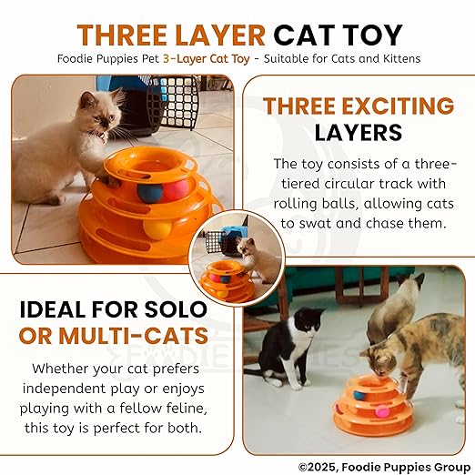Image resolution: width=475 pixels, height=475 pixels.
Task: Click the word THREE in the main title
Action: coord(121,35)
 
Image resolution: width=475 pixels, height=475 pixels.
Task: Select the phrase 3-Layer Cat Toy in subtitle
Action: coord(207,58)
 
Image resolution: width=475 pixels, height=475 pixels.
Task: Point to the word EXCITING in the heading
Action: coord(399,106)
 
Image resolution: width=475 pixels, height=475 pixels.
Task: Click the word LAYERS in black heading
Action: coord(359,133)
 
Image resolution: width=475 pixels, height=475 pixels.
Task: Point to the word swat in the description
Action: coord(316,224)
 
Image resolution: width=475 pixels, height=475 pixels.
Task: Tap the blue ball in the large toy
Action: coord(149,193)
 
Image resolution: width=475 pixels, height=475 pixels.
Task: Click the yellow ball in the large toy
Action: coord(157,229)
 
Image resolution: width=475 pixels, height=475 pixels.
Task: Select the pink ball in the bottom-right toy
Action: coord(379,411)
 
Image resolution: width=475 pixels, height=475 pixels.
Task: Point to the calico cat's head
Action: coord(380,361)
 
